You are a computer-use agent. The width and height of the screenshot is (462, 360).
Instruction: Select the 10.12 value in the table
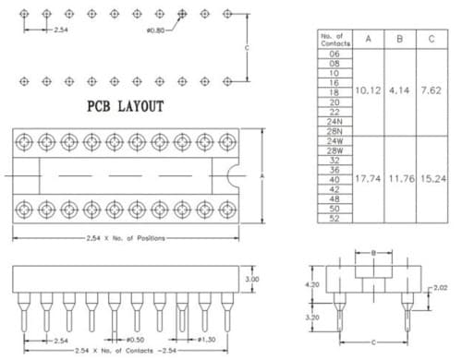point(368,92)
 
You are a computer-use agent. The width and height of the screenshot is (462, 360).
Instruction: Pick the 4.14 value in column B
point(398,92)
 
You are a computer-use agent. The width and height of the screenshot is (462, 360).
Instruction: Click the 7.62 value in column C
point(430,92)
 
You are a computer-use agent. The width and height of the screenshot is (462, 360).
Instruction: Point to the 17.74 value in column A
point(368,177)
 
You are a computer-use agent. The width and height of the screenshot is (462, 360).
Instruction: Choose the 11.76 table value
point(398,177)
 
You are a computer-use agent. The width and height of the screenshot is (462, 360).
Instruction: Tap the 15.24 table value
point(430,177)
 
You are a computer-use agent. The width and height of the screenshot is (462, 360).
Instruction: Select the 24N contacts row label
point(334,121)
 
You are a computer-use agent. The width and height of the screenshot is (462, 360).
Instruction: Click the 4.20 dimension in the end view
point(314,285)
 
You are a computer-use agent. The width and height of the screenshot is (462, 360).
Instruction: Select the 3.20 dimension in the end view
point(314,316)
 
